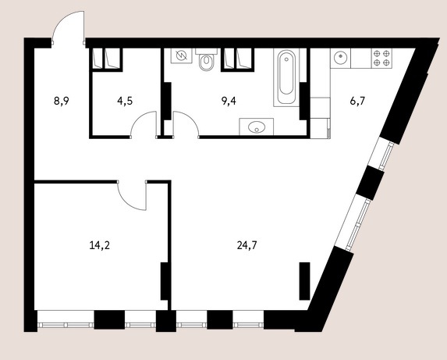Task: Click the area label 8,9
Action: click(x=62, y=102)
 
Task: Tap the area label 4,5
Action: click(x=125, y=102)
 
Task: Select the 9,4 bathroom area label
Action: click(x=229, y=102)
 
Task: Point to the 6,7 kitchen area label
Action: click(x=357, y=102)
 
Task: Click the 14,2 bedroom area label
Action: click(x=100, y=245)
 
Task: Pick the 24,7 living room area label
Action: click(x=247, y=245)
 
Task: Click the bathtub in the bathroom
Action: click(x=286, y=77)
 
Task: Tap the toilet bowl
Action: click(x=207, y=60)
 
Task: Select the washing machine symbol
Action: click(x=181, y=55)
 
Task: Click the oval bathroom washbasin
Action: click(x=257, y=127)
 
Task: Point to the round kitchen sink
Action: click(x=340, y=59)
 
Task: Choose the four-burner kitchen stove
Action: click(x=381, y=59)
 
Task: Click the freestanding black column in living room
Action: click(x=304, y=281)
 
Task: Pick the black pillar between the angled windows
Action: click(x=371, y=183)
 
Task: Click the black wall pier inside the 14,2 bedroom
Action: click(x=164, y=281)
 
